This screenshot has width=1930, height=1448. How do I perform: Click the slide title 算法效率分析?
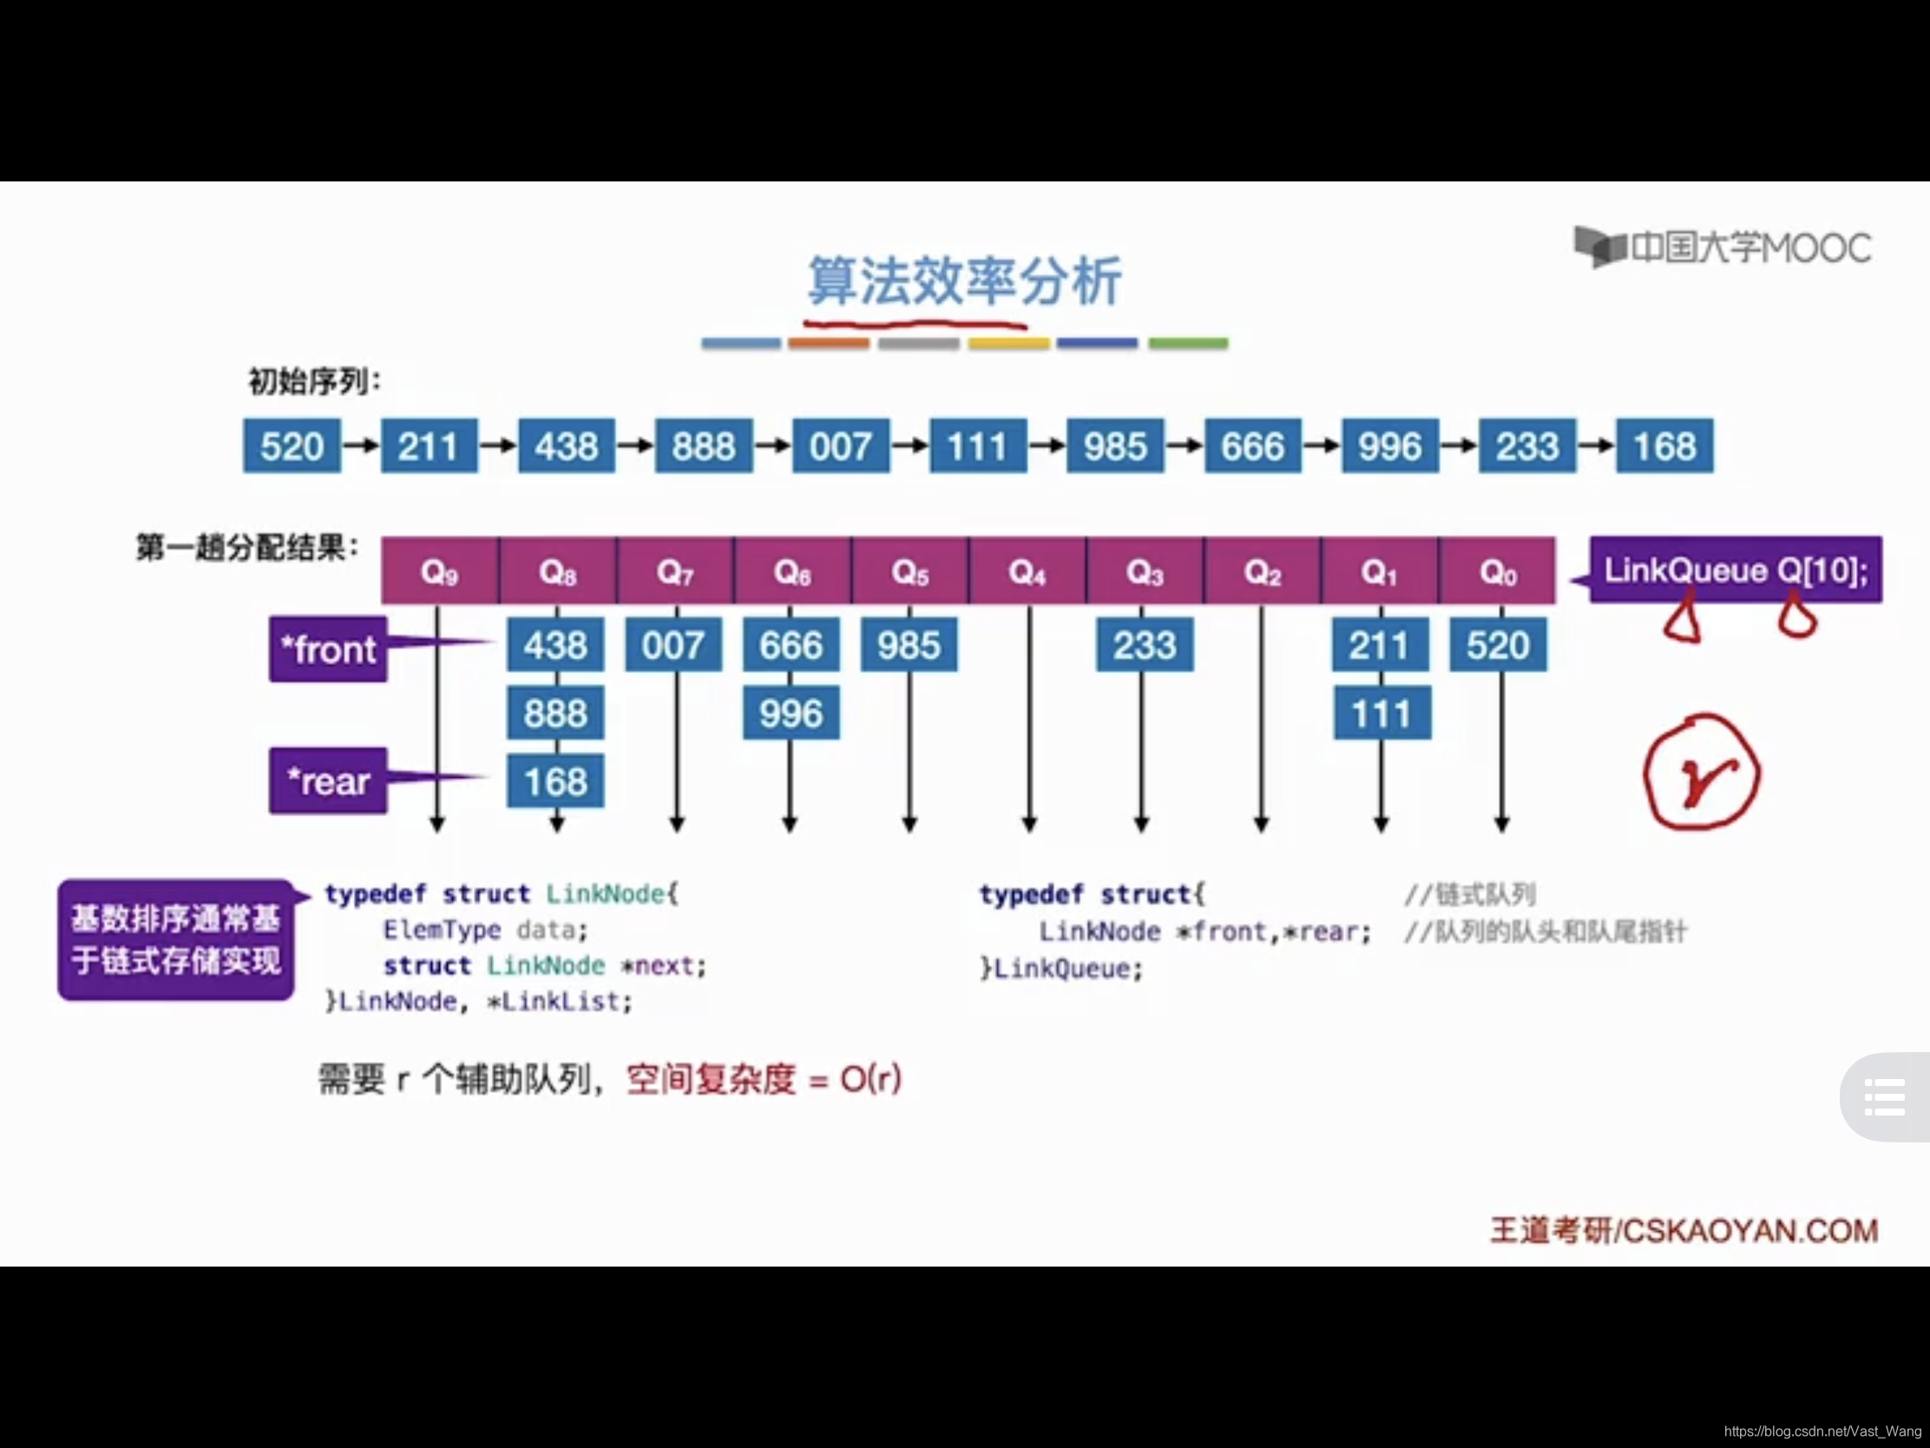coord(964,281)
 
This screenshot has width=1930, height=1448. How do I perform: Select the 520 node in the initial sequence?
coord(292,446)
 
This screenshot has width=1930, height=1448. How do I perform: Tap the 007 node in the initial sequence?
coord(840,446)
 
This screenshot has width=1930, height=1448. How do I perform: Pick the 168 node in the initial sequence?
coord(1664,446)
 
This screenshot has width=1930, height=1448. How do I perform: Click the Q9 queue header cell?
coord(440,572)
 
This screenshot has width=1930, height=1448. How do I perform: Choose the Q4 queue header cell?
coord(1027,572)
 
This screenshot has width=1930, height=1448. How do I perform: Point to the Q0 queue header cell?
coord(1497,572)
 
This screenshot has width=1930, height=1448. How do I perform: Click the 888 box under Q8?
coord(555,713)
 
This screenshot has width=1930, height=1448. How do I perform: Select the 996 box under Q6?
coord(791,713)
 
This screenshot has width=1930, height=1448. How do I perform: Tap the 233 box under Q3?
coord(1144,645)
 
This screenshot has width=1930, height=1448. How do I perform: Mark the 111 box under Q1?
coord(1382,714)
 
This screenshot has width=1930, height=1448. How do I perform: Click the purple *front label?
coord(328,649)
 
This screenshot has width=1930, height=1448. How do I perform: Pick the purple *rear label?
coord(328,781)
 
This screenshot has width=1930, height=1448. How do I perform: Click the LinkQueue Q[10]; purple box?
coord(1736,570)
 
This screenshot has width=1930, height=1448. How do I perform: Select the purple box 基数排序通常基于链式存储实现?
coord(176,940)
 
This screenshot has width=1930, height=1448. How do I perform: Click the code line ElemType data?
coord(485,931)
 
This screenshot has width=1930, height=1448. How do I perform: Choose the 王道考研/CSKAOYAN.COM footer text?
coord(1684,1231)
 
